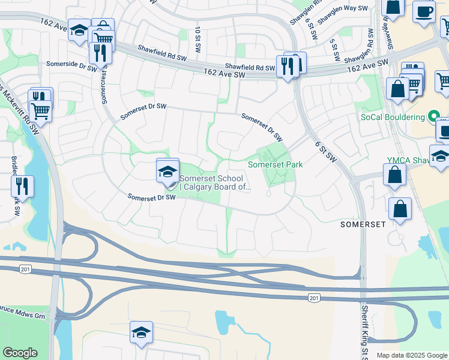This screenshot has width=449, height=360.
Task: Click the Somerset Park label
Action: point(276,164)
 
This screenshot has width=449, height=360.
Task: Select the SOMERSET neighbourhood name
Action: point(362,224)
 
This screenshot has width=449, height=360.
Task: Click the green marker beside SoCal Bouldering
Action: point(433,116)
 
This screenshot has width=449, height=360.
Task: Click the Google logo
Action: point(20,353)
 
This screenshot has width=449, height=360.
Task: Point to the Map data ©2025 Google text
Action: point(411,355)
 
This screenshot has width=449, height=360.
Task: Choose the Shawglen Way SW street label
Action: point(342,14)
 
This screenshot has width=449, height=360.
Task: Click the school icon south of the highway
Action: point(141,332)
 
